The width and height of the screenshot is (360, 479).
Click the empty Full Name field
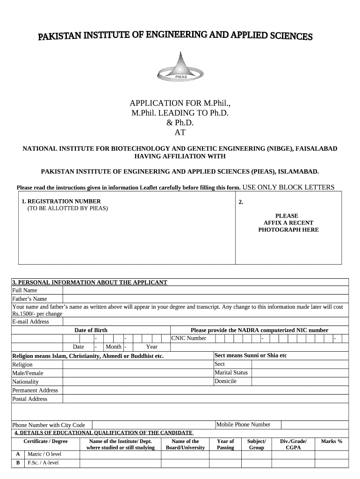[206, 290]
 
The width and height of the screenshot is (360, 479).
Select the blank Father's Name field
[206, 299]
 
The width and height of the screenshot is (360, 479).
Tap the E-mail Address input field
[206, 322]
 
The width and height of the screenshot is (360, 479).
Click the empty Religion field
[138, 364]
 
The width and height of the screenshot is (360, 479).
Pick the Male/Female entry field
[138, 373]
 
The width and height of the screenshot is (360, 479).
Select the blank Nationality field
[138, 382]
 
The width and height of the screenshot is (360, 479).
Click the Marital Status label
[231, 373]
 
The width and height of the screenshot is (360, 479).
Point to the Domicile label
[225, 381]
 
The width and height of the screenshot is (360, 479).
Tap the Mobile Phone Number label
[243, 425]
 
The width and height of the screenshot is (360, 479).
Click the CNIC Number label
[189, 338]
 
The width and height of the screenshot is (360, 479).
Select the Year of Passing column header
[225, 444]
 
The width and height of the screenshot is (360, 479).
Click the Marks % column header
[331, 441]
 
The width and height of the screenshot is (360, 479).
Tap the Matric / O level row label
[44, 454]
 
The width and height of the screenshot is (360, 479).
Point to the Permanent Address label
[35, 391]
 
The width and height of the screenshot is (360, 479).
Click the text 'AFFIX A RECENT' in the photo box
[288, 223]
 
